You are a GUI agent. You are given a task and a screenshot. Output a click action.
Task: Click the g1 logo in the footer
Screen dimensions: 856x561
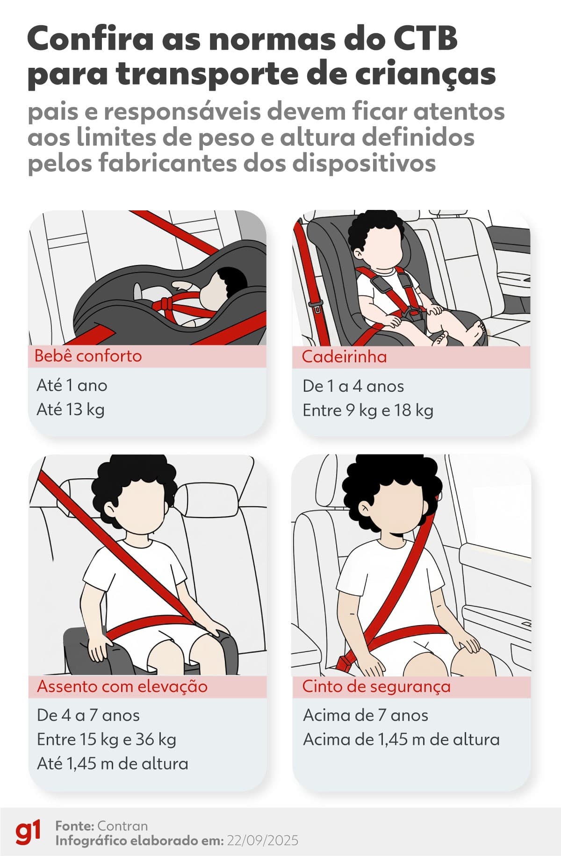click(28, 833)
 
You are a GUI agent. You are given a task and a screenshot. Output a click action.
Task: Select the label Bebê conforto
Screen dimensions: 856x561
click(88, 356)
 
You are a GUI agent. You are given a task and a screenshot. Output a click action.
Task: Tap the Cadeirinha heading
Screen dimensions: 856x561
click(344, 357)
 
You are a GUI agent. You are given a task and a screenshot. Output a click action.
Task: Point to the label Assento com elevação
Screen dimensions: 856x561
click(122, 686)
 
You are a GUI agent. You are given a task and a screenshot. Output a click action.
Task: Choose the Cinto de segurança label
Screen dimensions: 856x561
click(376, 686)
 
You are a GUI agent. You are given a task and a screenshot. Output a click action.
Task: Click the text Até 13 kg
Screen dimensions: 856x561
click(71, 410)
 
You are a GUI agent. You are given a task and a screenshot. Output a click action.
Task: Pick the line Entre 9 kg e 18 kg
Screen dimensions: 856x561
click(368, 410)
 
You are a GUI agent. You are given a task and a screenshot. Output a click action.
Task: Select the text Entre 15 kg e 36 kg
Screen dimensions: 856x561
click(107, 740)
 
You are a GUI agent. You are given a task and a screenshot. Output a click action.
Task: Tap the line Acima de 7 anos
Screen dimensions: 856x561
click(366, 715)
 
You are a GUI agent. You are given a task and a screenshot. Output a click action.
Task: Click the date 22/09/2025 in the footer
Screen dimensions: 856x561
click(262, 841)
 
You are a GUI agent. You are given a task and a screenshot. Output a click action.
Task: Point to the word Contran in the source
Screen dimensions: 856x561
click(122, 826)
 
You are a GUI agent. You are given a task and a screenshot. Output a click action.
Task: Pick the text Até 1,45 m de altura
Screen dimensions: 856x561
click(113, 764)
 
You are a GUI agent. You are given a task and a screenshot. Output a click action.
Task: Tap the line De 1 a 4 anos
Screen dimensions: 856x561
click(353, 386)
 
